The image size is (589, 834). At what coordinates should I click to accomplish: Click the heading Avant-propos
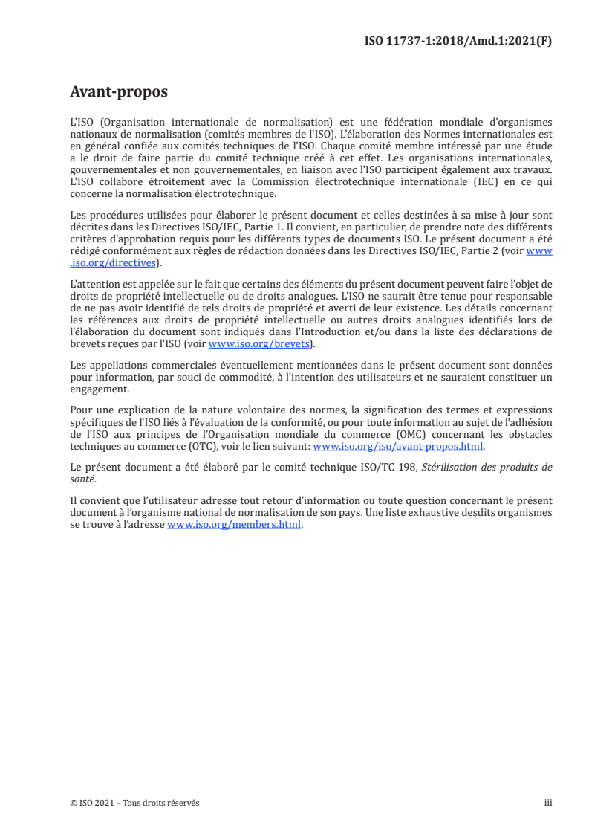point(118,92)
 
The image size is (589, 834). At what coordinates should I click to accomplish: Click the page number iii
point(548,803)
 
